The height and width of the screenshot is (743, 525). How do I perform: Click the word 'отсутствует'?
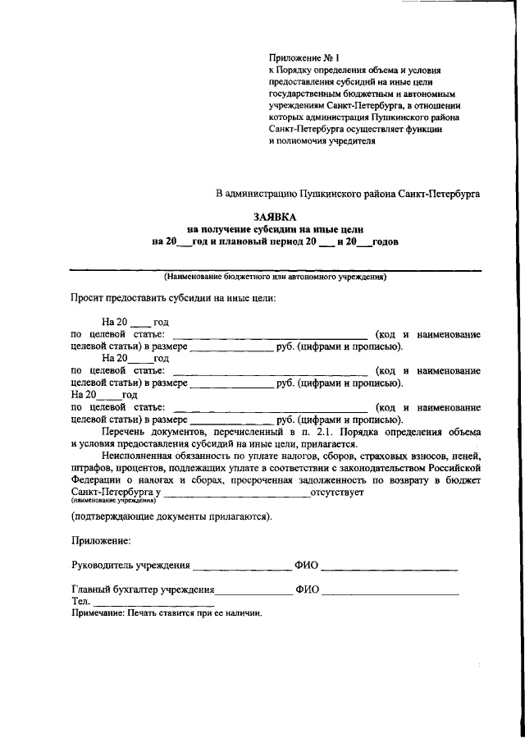click(x=337, y=493)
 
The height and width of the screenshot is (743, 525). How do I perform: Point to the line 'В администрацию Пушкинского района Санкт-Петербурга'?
click(x=348, y=194)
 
